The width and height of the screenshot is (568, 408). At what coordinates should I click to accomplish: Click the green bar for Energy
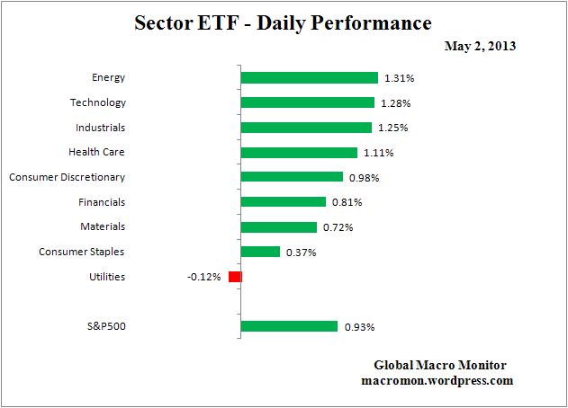coord(309,77)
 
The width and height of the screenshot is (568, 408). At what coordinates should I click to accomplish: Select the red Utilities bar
coord(235,277)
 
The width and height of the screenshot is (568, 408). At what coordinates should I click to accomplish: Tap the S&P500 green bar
coord(289,326)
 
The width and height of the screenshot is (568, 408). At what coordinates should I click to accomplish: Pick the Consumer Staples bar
coord(260,252)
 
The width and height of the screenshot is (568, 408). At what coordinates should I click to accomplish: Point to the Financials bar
coord(284,202)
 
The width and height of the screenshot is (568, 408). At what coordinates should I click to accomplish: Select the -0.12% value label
coord(203,277)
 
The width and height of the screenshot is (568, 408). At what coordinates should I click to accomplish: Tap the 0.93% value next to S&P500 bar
coord(360,327)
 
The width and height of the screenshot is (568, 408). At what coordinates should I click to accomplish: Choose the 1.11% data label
coord(379,153)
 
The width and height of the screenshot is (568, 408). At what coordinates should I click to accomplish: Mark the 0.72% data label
coord(338,227)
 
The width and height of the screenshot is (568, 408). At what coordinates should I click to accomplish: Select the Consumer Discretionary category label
coord(67,177)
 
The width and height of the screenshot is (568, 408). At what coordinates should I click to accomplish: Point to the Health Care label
coord(97,153)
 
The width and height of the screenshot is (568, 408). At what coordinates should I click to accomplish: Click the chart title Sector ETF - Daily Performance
coord(284,22)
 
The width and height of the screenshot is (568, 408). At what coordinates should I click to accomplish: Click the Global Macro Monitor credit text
coord(440,365)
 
